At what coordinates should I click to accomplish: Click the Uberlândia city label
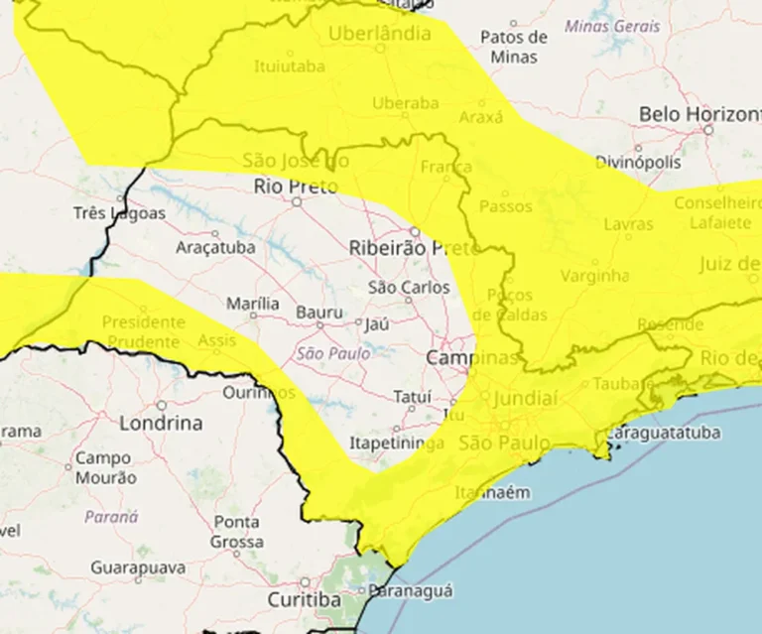380,34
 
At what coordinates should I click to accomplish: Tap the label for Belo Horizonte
698,114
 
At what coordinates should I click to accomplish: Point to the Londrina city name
161,423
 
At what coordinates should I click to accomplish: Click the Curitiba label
305,600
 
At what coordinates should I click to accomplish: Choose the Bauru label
318,313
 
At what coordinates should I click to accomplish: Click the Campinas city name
472,357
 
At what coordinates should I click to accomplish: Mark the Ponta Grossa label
236,532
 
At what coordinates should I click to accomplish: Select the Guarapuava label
138,568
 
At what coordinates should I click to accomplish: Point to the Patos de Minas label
514,47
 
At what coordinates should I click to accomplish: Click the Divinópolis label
639,162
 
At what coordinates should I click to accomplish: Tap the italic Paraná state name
111,517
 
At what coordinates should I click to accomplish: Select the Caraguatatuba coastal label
657,434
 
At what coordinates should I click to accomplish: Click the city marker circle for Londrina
161,406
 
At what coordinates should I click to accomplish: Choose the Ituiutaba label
291,68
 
